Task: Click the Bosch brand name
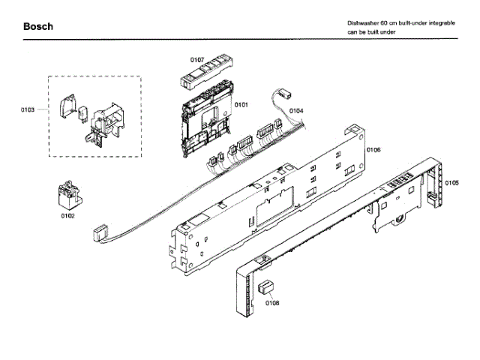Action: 37,27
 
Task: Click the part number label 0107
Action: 197,58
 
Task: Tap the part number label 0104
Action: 296,111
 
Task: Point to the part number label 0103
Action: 28,110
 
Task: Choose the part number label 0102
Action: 67,216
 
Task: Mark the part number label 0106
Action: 373,150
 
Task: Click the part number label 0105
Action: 451,183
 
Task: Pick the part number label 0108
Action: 271,303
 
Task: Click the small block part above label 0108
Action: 267,288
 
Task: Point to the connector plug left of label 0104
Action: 284,95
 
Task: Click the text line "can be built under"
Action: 370,33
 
